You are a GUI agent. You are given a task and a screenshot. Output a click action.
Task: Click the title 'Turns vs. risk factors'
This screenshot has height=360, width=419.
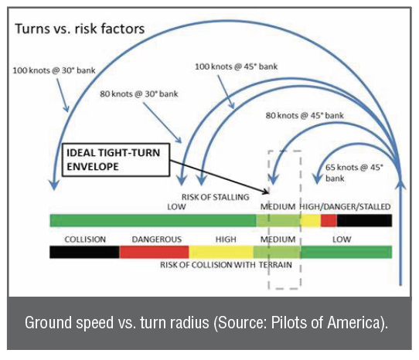tap(80, 29)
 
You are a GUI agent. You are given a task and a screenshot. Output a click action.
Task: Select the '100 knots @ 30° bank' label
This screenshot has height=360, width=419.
tap(54, 70)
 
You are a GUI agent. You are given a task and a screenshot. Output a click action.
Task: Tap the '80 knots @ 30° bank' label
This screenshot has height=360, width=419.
tap(139, 94)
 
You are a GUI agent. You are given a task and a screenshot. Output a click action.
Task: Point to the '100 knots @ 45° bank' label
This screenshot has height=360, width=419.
tap(237, 66)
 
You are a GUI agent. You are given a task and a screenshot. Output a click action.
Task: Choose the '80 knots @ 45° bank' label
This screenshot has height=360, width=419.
tap(305, 116)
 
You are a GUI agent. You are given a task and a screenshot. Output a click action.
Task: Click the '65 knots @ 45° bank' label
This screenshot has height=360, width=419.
tap(354, 173)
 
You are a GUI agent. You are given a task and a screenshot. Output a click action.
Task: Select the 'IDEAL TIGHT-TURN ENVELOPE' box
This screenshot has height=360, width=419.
tap(116, 160)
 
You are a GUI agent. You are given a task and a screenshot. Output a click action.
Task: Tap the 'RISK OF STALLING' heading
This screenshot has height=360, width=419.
tap(216, 197)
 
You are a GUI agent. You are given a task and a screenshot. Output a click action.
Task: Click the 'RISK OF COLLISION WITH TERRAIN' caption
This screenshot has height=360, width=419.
tap(226, 265)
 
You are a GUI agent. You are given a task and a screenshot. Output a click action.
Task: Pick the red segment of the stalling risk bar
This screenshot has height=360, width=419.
tap(329, 221)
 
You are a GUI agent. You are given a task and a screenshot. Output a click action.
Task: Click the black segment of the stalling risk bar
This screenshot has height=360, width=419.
tap(364, 221)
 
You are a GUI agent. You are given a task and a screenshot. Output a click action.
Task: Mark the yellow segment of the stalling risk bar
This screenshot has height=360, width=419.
tap(311, 221)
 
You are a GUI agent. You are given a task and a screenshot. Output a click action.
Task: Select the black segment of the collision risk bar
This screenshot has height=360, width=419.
tap(84, 252)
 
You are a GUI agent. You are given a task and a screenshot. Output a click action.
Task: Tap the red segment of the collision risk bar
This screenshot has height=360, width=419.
tap(154, 252)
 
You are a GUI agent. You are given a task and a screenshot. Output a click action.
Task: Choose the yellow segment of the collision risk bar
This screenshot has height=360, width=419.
tap(221, 252)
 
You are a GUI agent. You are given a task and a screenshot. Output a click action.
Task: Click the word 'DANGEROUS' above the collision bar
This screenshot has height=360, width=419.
tap(157, 239)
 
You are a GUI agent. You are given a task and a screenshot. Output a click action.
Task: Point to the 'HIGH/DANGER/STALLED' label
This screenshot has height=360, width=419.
tap(345, 207)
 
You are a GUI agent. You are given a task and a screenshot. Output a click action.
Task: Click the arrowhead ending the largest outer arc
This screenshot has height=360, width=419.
tap(54, 185)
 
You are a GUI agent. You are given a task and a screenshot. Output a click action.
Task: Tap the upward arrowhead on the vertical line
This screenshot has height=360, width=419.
tap(400, 185)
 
